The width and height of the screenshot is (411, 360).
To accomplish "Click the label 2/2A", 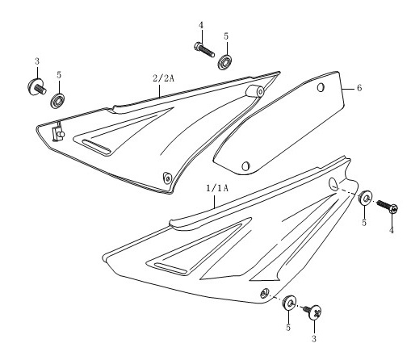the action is (164, 78).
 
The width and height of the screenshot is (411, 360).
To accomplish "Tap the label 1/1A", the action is (217, 188).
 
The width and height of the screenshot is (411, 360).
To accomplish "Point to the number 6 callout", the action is (359, 88).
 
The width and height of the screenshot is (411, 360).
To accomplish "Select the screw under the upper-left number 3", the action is (37, 86).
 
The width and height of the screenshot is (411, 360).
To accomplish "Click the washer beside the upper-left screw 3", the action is (57, 101).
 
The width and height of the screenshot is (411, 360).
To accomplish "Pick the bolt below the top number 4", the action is (204, 49).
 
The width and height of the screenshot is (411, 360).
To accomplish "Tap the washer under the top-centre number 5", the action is (225, 62).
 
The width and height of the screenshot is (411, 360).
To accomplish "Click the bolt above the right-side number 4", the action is (387, 207).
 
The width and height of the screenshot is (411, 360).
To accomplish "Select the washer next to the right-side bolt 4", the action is (366, 199).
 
